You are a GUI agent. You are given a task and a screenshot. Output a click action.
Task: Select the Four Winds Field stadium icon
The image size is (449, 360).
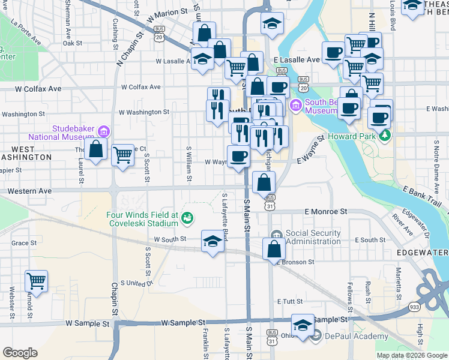coord(187,218)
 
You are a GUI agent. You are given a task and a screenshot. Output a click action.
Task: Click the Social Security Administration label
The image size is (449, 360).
coord(313,237)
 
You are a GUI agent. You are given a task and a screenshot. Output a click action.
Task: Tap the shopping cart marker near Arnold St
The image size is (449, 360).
coord(37,281)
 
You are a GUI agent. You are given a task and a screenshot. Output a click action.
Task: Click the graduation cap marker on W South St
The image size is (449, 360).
coord(211,241)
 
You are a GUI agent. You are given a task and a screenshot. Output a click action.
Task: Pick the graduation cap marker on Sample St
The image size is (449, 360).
coord(303,325)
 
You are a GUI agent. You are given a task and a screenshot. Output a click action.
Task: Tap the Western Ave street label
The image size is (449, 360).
coord(30,191)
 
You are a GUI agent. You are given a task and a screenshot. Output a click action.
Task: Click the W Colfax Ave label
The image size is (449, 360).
coord(38,89)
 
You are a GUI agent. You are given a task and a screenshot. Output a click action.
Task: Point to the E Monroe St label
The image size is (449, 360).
coord(326,212)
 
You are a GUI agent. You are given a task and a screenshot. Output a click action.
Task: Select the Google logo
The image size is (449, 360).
coord(20,353)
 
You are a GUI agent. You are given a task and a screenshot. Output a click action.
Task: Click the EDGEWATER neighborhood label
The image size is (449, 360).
coord(423,254)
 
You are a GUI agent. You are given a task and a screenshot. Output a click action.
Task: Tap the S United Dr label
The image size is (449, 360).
coord(137,283)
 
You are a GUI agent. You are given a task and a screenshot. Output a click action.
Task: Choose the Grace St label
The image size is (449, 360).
coord(24,243)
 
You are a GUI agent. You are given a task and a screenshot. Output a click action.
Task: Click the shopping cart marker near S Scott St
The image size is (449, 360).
coord(122,155)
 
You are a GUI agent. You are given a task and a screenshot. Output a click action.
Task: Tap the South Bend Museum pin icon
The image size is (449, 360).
coord(295,107)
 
